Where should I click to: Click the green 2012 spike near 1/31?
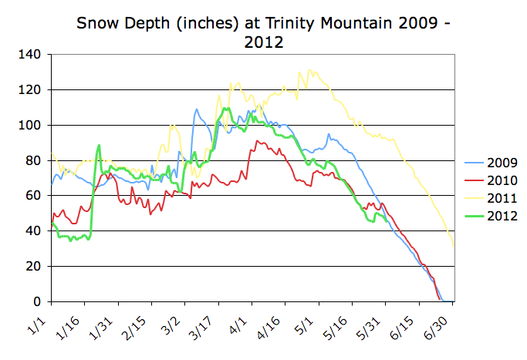coord(99,145)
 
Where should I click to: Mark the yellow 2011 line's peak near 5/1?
coord(309,70)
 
